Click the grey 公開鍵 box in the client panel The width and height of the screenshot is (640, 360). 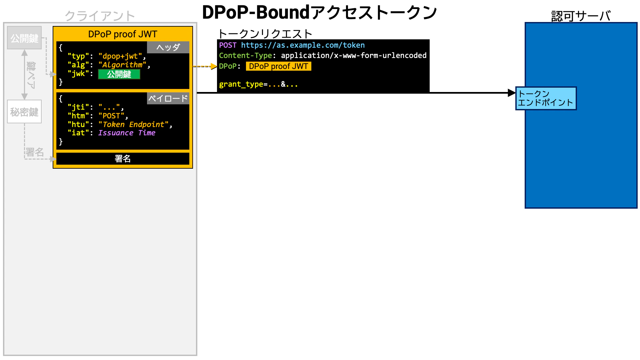click(x=24, y=38)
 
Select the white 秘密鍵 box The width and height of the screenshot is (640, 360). click(x=24, y=112)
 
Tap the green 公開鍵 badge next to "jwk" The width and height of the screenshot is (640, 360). click(x=119, y=74)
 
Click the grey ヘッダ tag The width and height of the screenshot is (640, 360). click(x=168, y=47)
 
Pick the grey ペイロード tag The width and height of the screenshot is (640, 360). click(x=168, y=98)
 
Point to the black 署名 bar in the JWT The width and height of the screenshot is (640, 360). click(x=123, y=159)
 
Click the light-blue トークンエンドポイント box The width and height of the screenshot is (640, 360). click(x=546, y=98)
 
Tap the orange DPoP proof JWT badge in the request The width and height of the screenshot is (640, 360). click(x=278, y=66)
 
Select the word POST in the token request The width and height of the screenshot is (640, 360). click(x=228, y=45)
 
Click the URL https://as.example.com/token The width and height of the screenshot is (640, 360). click(x=303, y=45)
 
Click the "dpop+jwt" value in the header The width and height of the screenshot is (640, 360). click(x=120, y=56)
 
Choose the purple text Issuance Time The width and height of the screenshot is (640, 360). click(x=127, y=133)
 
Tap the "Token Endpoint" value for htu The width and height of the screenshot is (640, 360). click(x=133, y=124)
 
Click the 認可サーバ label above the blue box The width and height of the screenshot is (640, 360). click(x=581, y=16)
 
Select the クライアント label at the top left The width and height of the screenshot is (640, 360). click(x=100, y=16)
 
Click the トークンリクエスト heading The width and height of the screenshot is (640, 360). click(x=265, y=34)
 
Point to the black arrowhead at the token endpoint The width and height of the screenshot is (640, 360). click(x=512, y=93)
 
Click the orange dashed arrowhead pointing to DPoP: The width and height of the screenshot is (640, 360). click(x=214, y=66)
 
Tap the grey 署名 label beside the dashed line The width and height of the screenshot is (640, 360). click(x=35, y=152)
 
